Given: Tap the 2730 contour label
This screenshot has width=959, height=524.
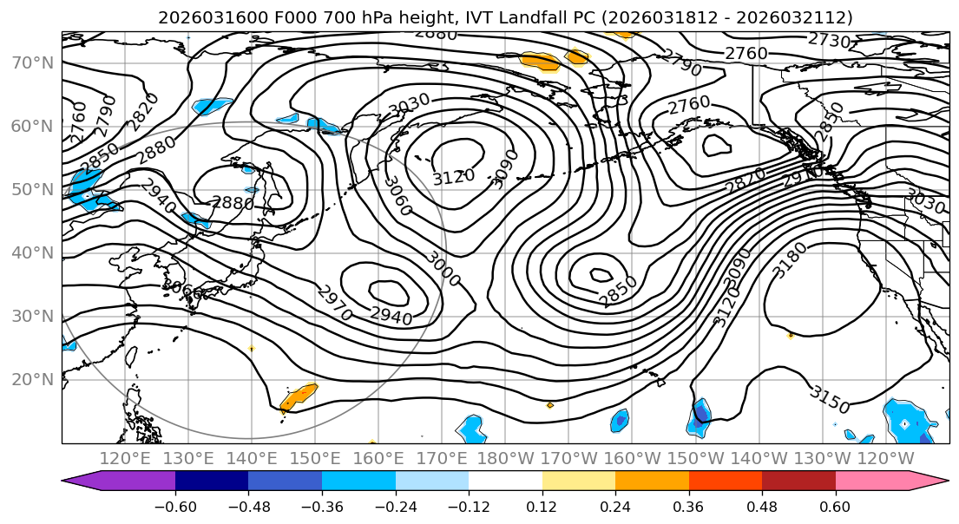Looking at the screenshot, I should click(x=829, y=40).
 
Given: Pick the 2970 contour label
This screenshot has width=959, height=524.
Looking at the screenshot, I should click(x=334, y=304).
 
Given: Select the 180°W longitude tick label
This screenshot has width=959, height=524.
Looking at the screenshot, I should click(x=505, y=458).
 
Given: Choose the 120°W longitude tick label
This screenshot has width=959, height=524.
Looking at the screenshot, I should click(x=885, y=458).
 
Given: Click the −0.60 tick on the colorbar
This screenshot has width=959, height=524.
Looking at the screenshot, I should click(x=175, y=506).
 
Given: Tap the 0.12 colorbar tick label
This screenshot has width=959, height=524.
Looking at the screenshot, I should click(x=542, y=506).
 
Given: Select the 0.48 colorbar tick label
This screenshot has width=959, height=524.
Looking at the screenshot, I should click(x=762, y=506).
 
